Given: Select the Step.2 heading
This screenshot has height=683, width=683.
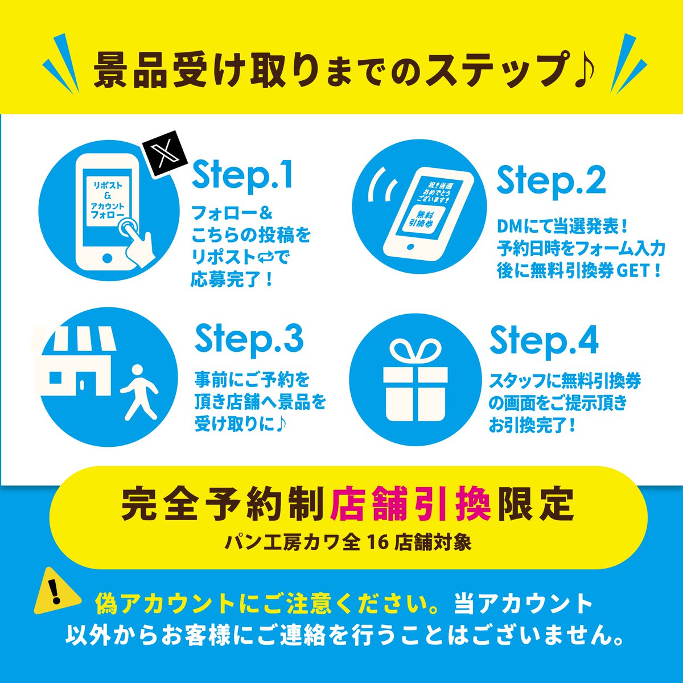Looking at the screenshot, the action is point(551,182).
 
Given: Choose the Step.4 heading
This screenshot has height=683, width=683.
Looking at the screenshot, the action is point(544,341).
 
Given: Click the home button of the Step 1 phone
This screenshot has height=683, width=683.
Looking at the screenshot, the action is point(108,258).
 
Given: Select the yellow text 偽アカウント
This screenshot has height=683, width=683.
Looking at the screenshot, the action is point(165,603).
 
